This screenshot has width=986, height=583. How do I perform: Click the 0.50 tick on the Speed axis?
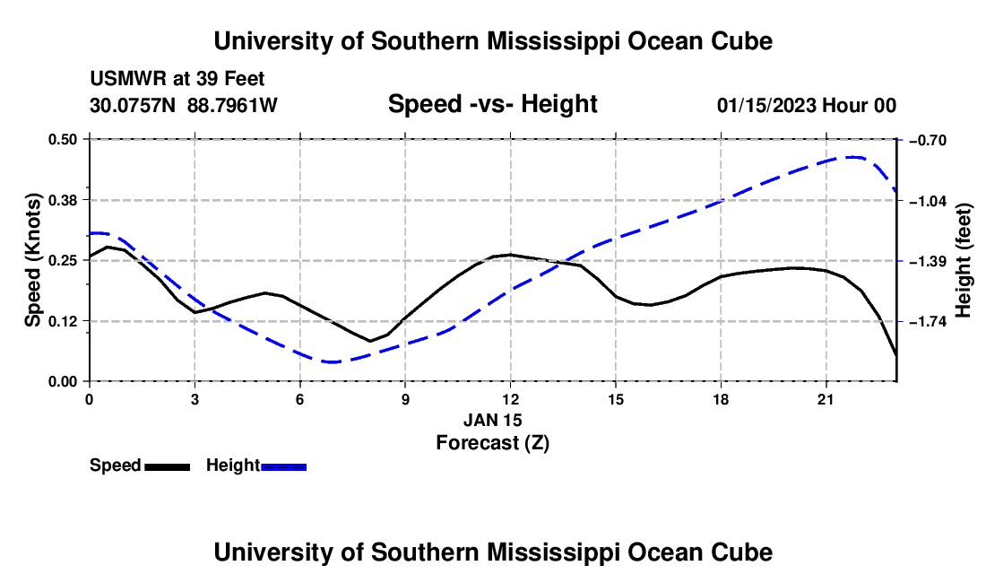pos(63,139)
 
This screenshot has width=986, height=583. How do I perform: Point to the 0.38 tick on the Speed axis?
pos(63,201)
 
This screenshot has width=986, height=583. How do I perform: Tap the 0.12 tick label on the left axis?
pos(63,321)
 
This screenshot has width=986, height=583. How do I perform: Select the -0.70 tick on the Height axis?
pos(928,140)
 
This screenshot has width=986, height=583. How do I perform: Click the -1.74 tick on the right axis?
pos(928,321)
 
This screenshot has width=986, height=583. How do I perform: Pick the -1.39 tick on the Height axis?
pos(928,261)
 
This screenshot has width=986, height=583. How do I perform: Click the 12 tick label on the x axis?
pos(511,399)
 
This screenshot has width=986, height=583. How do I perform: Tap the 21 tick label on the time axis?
pos(826,399)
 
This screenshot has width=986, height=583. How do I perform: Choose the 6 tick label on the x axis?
pos(300,399)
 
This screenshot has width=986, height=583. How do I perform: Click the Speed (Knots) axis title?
pos(32,260)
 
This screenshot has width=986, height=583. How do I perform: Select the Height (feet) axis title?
pos(964,260)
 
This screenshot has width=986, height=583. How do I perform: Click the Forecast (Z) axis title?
pos(493,443)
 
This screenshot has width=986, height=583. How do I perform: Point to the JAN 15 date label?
pos(493,420)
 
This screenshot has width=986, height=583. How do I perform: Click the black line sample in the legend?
pos(168,466)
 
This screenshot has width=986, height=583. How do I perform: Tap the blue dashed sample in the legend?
pos(283,466)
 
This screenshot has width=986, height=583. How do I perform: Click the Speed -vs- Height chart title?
pos(493,104)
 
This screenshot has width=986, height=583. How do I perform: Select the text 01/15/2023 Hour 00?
pos(807,105)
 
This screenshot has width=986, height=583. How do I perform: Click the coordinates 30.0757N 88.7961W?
pos(184,105)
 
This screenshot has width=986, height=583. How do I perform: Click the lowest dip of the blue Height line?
pos(331,362)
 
